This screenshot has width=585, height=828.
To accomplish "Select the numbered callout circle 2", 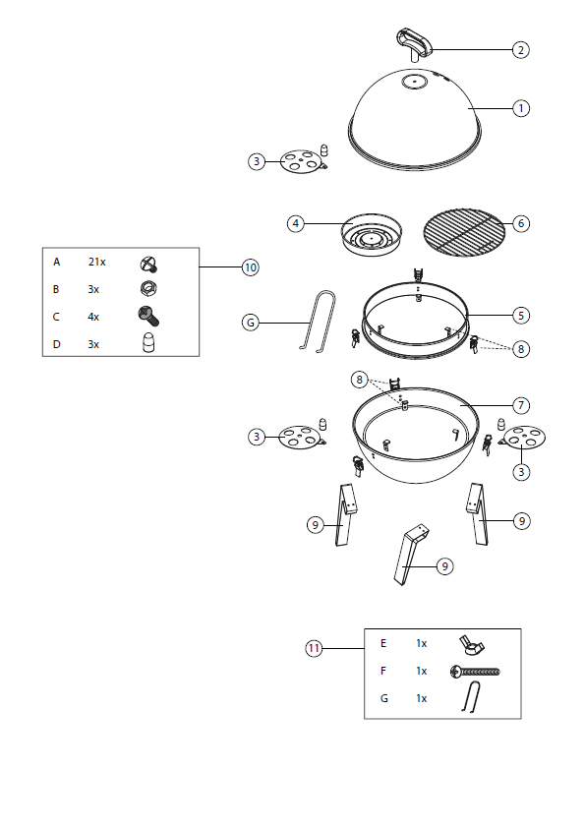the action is [x=520, y=50].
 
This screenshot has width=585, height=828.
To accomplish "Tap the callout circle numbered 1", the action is [x=520, y=109].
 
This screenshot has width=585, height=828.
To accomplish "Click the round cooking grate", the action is [x=463, y=232].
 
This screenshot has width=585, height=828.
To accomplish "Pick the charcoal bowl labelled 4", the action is [x=372, y=235].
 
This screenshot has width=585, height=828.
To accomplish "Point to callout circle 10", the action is [x=251, y=267].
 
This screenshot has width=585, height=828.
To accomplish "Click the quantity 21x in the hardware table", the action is [x=96, y=262].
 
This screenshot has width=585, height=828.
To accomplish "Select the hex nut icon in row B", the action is [x=148, y=288].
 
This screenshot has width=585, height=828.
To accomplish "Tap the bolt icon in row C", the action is [x=148, y=316].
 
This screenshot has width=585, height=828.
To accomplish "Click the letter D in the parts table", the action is [x=56, y=344].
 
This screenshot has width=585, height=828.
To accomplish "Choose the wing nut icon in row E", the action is [x=472, y=645].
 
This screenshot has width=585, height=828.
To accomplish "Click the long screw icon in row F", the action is [x=475, y=672].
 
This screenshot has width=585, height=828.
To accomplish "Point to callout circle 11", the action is [x=314, y=648].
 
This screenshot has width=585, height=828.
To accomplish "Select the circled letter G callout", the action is [x=251, y=323].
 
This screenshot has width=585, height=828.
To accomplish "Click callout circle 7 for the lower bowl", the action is [x=520, y=405].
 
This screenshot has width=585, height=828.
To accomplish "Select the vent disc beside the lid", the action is [x=300, y=161].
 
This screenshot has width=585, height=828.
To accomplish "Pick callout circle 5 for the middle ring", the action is [x=520, y=316].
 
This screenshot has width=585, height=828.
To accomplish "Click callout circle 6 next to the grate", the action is [x=520, y=223].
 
